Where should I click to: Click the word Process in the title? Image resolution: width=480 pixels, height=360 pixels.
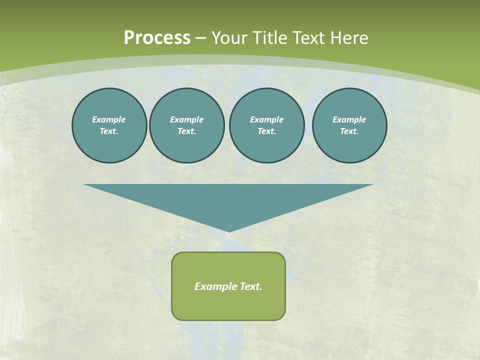[x=157, y=38]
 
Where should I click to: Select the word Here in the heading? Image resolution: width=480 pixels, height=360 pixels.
[x=348, y=38]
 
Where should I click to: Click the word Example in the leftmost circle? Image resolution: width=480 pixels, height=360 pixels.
[x=109, y=119]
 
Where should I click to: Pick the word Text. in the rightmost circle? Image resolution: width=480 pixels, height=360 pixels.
[x=349, y=131]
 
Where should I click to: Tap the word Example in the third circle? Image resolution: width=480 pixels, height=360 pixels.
[x=266, y=119]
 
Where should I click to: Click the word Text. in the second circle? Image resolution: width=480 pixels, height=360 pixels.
[x=187, y=131]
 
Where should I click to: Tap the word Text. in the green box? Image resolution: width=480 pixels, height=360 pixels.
[x=251, y=286]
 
